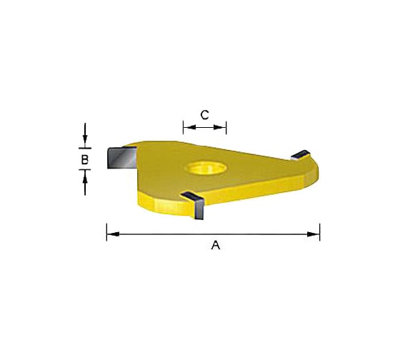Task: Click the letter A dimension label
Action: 216,245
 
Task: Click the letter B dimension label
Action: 85,160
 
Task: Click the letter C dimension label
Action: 204,115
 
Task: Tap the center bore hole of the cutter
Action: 206,168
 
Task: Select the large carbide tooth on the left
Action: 121,157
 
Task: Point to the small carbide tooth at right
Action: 301,155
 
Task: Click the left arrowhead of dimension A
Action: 113,234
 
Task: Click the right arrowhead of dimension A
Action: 314,234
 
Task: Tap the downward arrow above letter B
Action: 85,135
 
